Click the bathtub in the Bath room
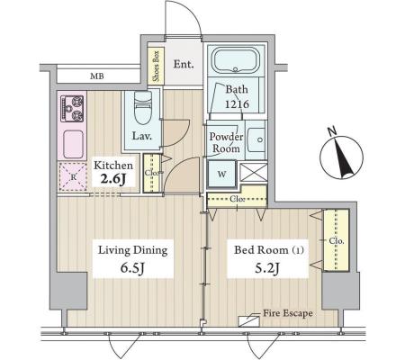pyautogui.click(x=236, y=61)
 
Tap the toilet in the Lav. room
pyautogui.click(x=143, y=107)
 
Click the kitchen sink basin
pyautogui.click(x=72, y=144)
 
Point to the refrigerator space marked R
pyautogui.click(x=73, y=176)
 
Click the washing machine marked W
pyautogui.click(x=222, y=174)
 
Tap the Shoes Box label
pyautogui.click(x=157, y=66)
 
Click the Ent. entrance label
pyautogui.click(x=184, y=64)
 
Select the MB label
pyautogui.click(x=97, y=76)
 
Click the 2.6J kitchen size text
pyautogui.click(x=113, y=179)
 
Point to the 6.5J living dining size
pyautogui.click(x=133, y=268)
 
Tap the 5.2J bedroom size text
pyautogui.click(x=267, y=268)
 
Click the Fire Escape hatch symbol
pyautogui.click(x=248, y=321)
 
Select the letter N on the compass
pyautogui.click(x=331, y=131)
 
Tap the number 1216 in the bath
pyautogui.click(x=237, y=104)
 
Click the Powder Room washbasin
pyautogui.click(x=256, y=139)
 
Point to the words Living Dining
pyautogui.click(x=133, y=250)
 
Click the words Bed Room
pyautogui.click(x=261, y=250)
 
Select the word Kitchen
pyautogui.click(x=113, y=166)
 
